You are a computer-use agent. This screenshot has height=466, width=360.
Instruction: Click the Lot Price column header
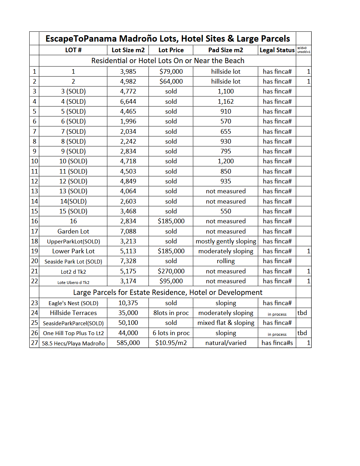[x=171, y=50]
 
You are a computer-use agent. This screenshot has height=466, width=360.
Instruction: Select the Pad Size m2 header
[x=226, y=50]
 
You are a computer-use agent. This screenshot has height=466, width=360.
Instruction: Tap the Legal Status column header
[x=277, y=50]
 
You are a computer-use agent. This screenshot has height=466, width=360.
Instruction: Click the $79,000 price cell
[x=171, y=72]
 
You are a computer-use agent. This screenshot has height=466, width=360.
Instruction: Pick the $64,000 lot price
[x=171, y=81]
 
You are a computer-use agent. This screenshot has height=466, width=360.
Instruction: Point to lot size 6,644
[x=128, y=102]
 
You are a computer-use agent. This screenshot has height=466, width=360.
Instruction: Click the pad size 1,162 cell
[x=226, y=102]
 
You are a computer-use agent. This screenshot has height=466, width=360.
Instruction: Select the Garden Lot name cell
[x=73, y=231]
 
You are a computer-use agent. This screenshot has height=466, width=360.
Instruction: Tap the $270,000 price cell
[x=171, y=271]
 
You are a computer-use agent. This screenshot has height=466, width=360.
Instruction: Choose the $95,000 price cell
[x=171, y=281]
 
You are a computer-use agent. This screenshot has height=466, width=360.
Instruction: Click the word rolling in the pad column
[x=226, y=261]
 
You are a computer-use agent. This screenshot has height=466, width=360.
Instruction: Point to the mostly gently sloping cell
[x=226, y=241]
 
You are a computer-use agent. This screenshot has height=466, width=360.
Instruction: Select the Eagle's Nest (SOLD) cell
[x=73, y=303]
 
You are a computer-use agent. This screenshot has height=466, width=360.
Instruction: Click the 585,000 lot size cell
[x=128, y=343]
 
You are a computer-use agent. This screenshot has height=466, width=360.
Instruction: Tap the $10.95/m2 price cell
[x=171, y=343]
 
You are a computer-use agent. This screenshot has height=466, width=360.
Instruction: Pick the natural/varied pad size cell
[x=226, y=343]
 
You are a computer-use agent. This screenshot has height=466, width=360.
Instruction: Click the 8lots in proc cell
[x=171, y=313]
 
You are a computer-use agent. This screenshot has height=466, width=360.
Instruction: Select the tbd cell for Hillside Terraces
[x=302, y=313]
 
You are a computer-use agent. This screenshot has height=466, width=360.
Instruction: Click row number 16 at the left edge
[x=34, y=221]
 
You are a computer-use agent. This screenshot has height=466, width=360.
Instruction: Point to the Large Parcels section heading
[x=167, y=292]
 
